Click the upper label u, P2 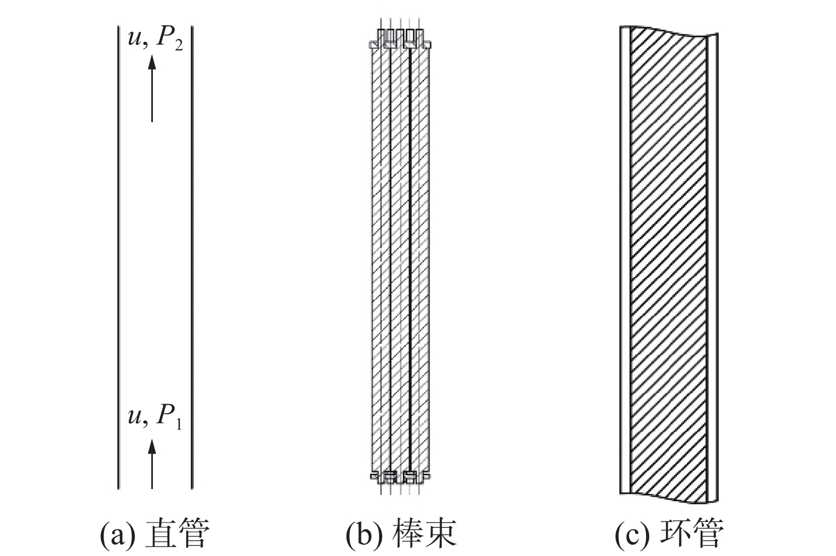click(155, 40)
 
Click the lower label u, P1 click(154, 417)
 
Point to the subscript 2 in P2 click(178, 46)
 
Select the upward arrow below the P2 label click(152, 88)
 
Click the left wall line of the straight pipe click(118, 255)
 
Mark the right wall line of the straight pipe click(192, 255)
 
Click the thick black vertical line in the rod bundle click(410, 255)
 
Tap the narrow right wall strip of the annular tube click(712, 266)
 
